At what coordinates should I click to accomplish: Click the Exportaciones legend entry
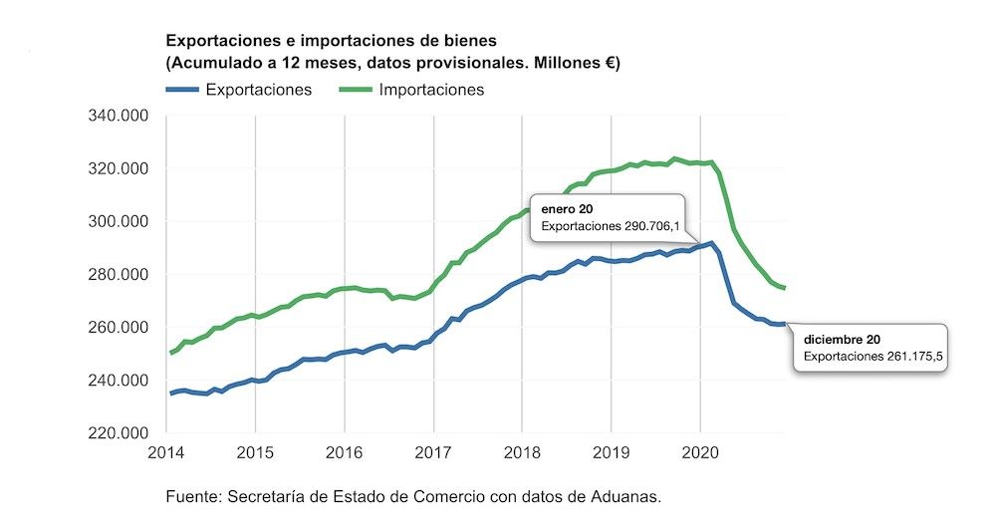pos(258,90)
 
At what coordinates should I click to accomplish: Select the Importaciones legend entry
pos(430,90)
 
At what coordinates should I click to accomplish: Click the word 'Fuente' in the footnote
pos(192,496)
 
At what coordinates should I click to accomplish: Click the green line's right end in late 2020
pos(785,288)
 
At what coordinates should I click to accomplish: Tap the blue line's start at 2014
pos(170,394)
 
